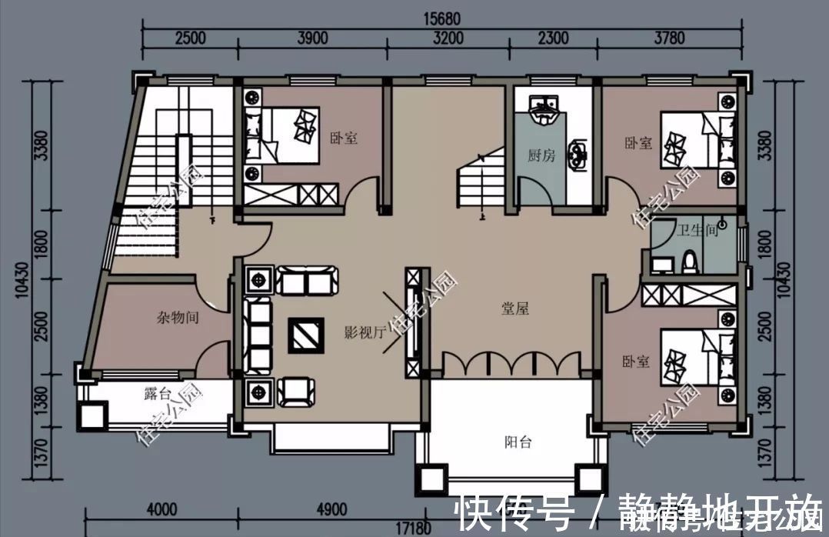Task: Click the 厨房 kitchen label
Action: (541, 155)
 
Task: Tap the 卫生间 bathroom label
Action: (697, 229)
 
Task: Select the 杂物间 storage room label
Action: (178, 316)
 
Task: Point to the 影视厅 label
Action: (364, 332)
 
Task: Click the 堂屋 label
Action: (515, 309)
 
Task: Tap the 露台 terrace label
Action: (157, 395)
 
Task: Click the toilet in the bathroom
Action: (691, 262)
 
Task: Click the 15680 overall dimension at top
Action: (441, 15)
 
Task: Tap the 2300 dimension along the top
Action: (553, 38)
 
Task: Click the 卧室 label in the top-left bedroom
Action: (344, 138)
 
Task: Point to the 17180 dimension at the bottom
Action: (412, 530)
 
